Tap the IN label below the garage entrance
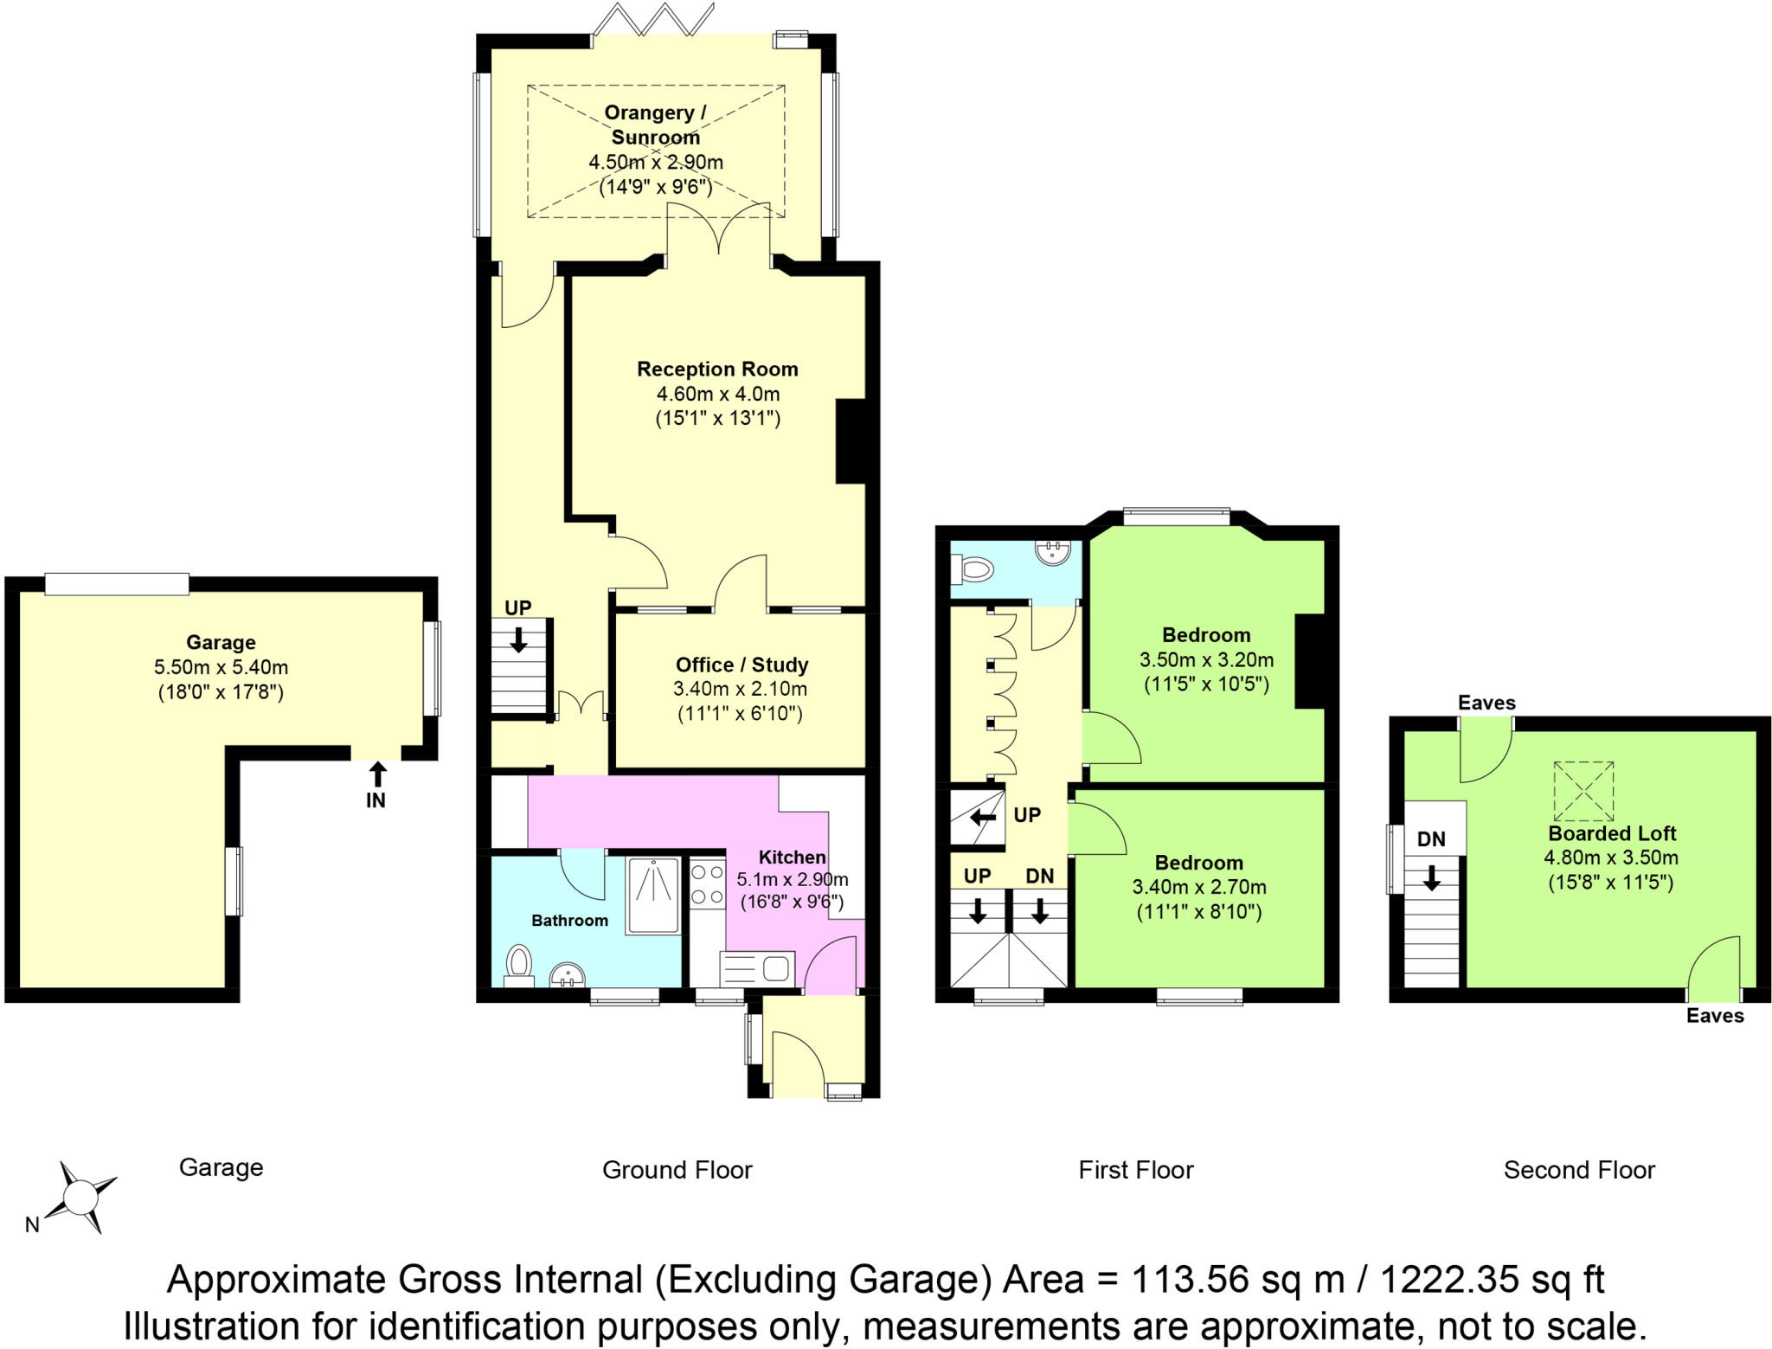click(376, 800)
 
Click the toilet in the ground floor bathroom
click(519, 962)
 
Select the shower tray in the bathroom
click(653, 895)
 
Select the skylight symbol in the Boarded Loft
click(1583, 791)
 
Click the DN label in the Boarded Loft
click(1431, 838)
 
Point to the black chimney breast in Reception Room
click(851, 441)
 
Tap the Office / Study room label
click(742, 665)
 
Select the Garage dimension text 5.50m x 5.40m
click(221, 667)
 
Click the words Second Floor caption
click(1579, 1170)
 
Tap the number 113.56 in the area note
click(1195, 1279)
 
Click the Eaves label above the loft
click(1486, 703)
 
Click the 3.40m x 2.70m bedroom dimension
click(1199, 887)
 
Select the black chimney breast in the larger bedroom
click(1309, 661)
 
